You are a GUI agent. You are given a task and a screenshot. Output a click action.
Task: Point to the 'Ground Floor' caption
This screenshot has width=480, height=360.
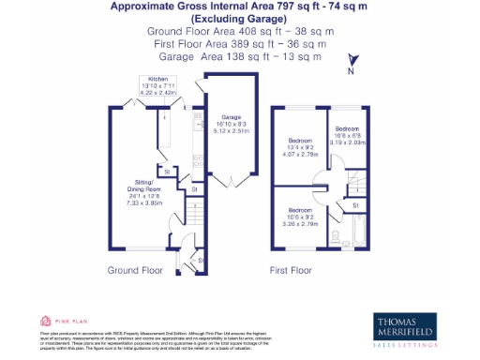(137, 270)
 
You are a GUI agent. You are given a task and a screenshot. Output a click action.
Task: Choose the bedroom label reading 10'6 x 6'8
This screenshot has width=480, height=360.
(348, 132)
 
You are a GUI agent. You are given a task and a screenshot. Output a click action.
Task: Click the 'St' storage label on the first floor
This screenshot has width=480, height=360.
(355, 204)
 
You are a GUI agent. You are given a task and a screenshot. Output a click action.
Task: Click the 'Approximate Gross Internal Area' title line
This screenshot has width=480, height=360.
(240, 7)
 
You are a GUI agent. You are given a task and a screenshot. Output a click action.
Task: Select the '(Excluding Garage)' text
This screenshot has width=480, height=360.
(240, 19)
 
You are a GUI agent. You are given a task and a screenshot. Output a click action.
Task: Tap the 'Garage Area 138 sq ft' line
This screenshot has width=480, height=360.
(240, 56)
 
